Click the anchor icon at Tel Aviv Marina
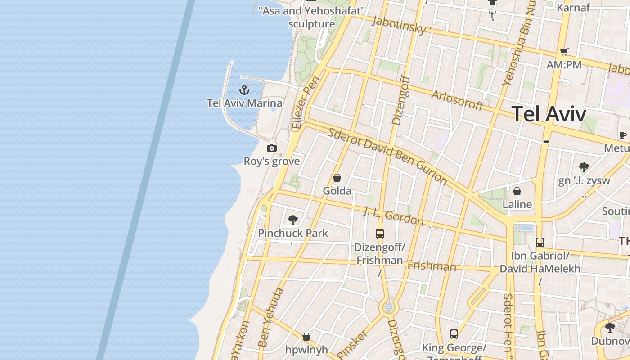(x=244, y=90)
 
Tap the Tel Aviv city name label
(x=549, y=114)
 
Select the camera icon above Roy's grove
(x=271, y=148)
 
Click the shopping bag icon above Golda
(x=337, y=178)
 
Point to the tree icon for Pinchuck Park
(x=293, y=220)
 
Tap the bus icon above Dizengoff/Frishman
(x=380, y=234)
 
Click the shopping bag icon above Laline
(x=517, y=191)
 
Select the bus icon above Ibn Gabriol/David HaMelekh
(x=540, y=242)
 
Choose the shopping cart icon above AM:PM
(x=564, y=52)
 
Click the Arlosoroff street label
(x=457, y=100)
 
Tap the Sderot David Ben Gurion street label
(x=387, y=156)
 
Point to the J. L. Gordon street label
(x=394, y=216)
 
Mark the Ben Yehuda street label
(x=271, y=317)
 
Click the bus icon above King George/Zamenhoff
(x=454, y=334)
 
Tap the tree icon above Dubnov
(x=610, y=328)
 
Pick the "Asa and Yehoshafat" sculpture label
(x=312, y=17)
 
